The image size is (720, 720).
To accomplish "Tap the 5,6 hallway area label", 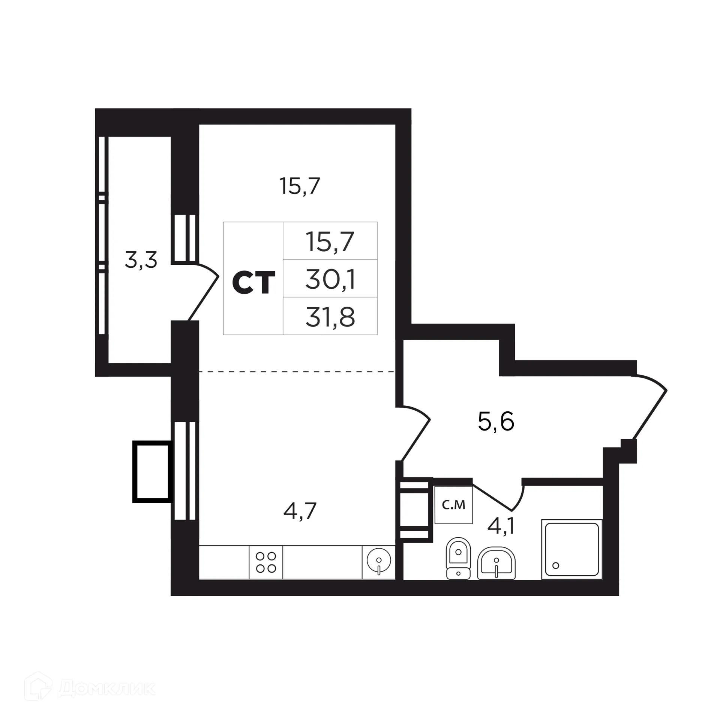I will [x=496, y=421].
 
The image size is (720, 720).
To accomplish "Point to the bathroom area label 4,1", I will [x=501, y=526].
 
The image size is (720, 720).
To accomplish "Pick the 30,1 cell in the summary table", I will [x=330, y=279].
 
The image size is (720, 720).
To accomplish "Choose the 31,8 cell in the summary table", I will [x=330, y=317].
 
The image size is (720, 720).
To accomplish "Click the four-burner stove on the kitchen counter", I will [x=266, y=562].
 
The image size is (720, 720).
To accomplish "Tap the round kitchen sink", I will [x=379, y=561].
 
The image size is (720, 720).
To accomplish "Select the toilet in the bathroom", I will [x=458, y=558].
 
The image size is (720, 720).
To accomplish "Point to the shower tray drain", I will [x=556, y=565].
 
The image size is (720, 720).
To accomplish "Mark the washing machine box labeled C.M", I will [x=453, y=505].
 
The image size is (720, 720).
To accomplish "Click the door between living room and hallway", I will [x=414, y=431].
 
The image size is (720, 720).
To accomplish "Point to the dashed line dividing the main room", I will [x=296, y=372].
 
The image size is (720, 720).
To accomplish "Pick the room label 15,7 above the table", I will [x=300, y=186].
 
